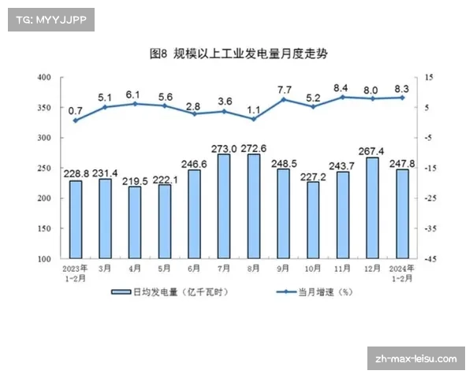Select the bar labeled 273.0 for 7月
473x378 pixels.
(x=224, y=206)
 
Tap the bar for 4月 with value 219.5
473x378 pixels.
(x=135, y=223)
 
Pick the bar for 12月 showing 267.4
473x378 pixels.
(x=372, y=208)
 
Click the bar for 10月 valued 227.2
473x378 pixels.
(x=313, y=220)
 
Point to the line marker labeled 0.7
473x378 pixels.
(x=76, y=120)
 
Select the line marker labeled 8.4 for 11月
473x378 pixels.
(x=342, y=97)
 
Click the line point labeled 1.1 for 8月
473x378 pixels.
(x=254, y=119)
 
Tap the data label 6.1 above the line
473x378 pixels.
(x=135, y=94)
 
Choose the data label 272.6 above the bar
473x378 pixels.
(x=254, y=148)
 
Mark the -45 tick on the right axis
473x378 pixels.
(x=430, y=258)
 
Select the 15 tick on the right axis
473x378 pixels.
(x=429, y=77)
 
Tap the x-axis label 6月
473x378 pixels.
(x=194, y=269)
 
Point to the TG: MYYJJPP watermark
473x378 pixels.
(x=50, y=19)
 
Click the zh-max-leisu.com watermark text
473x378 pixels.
(x=417, y=359)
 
